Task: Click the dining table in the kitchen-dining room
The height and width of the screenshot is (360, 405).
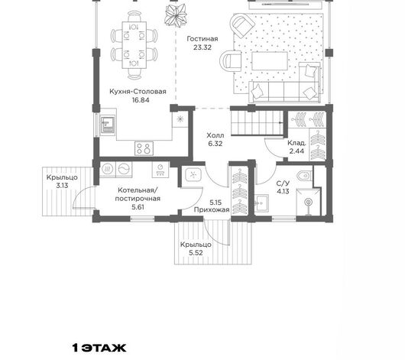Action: click(134, 45)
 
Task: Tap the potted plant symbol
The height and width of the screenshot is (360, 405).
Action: click(176, 15)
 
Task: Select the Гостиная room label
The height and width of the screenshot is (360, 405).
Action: click(202, 39)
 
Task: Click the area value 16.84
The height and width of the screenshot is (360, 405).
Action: click(141, 100)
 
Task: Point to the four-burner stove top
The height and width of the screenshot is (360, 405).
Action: click(144, 148)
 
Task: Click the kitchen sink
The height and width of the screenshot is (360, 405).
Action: click(108, 125)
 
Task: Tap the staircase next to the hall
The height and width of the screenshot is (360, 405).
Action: click(257, 123)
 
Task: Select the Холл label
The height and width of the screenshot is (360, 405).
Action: click(215, 135)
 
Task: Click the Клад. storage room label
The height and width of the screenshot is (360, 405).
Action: click(296, 143)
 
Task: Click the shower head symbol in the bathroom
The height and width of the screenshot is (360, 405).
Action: click(308, 202)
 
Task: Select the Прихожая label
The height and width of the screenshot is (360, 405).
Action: click(212, 209)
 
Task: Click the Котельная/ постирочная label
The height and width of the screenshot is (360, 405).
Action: click(138, 194)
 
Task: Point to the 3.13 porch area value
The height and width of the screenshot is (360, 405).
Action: click(62, 186)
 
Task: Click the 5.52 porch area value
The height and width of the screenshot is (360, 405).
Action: click(196, 253)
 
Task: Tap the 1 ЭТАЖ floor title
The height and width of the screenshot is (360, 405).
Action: click(99, 348)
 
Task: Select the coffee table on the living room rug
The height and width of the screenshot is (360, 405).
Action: click(270, 61)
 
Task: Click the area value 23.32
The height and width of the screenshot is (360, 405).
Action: click(202, 47)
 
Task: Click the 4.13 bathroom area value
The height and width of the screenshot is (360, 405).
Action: click(283, 192)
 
